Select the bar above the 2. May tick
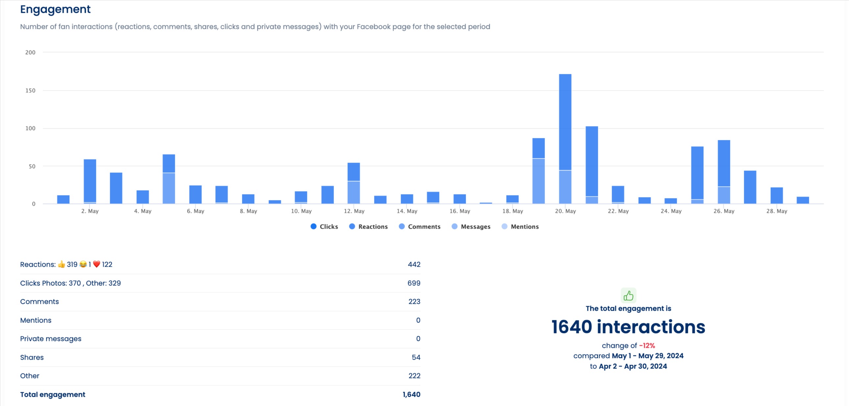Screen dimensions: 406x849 click(x=90, y=181)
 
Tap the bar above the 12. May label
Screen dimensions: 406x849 click(x=354, y=183)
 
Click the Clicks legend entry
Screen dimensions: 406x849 click(x=324, y=227)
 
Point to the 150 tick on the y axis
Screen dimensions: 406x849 click(x=30, y=91)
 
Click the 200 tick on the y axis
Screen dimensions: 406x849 click(x=30, y=52)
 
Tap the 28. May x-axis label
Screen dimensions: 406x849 click(x=776, y=211)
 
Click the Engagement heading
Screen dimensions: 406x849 click(x=55, y=9)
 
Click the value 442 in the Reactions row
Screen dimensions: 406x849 click(x=414, y=264)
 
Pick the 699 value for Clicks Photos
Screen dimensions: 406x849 click(x=413, y=283)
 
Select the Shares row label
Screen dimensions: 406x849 click(x=32, y=357)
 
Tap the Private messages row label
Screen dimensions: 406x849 click(x=50, y=339)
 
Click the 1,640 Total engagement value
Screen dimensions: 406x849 click(x=411, y=395)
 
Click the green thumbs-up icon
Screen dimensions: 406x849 click(x=628, y=295)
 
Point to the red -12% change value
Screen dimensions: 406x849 click(x=647, y=346)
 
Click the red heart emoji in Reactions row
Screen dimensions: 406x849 click(x=96, y=264)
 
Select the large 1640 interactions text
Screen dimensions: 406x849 click(x=628, y=327)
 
